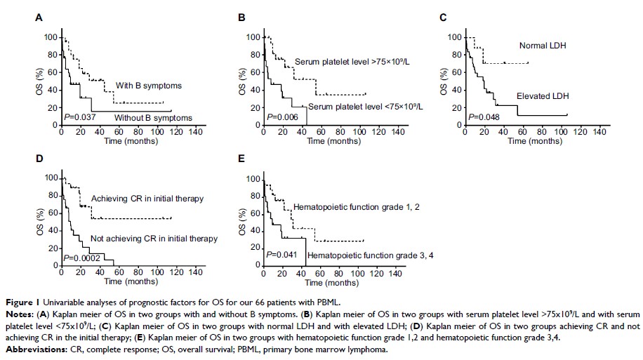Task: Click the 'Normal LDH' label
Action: coord(542,46)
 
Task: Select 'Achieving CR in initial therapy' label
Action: coord(147,199)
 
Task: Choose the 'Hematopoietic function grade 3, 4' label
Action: coord(355,258)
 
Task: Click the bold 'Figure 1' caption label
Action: coord(20,302)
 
